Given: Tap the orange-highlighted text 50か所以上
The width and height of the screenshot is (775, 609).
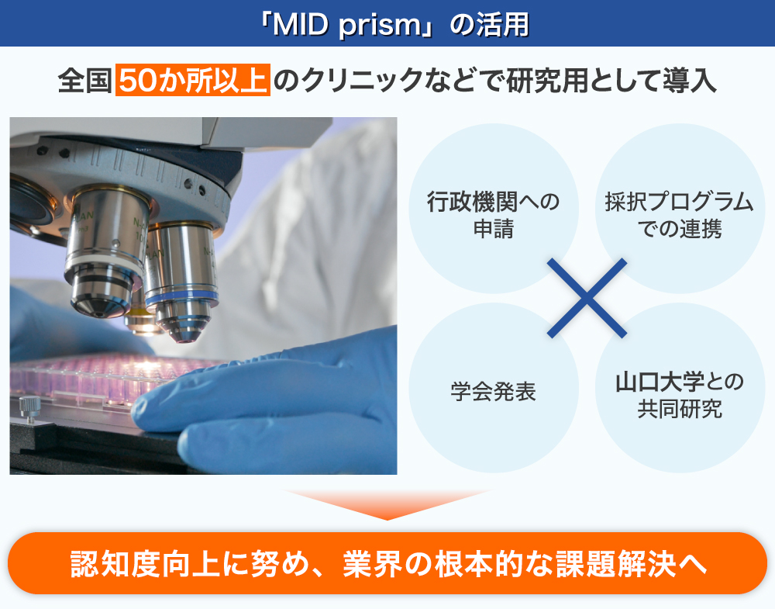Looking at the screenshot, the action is coord(193,80).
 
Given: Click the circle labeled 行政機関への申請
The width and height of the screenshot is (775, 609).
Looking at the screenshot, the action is coord(493,208).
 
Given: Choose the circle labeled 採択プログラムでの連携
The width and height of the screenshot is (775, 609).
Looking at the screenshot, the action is coord(680,208).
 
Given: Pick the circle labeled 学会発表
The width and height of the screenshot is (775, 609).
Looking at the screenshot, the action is coord(493,388).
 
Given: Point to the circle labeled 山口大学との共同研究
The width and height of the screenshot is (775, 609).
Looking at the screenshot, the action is coord(680,388).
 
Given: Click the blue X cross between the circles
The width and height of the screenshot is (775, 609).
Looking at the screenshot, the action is coord(587,299).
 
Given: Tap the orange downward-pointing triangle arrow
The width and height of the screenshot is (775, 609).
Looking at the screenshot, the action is coord(387,504).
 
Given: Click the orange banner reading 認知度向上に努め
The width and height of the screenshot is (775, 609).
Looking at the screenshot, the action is coord(387,563).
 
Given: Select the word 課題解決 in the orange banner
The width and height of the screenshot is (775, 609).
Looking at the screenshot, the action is coord(615,563).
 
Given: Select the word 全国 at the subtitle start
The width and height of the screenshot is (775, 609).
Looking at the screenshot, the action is coord(84,80).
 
